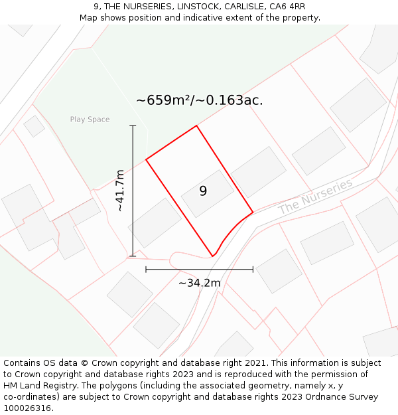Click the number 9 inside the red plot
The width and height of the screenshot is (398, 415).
pos(203,191)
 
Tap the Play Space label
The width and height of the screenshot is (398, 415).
pos(90,120)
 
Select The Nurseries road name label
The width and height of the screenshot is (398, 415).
pos(315,196)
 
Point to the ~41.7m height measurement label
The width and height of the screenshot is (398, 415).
pos(120,191)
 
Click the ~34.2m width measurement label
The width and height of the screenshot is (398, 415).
pos(199,283)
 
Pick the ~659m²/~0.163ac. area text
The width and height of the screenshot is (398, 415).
pos(199,100)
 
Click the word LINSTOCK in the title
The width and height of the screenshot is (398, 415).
pos(199,7)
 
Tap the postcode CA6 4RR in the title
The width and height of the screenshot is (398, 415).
pos(287,7)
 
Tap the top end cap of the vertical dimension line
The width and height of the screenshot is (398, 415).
pos(133,125)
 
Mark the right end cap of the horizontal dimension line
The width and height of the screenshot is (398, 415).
pos(253,270)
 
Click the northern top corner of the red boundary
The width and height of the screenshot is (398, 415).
pos(196,125)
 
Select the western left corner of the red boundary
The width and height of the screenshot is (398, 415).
pos(146,159)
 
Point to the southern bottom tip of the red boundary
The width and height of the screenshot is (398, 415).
pos(212,256)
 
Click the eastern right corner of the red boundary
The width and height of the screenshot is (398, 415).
pos(253,212)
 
